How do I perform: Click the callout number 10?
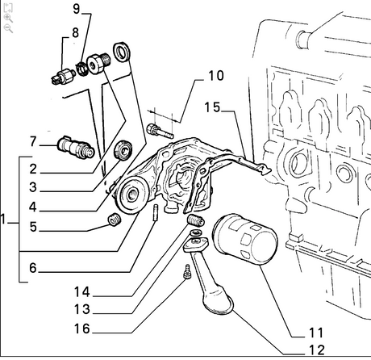click(x=216, y=76)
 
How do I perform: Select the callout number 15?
click(x=212, y=107)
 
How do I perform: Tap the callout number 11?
click(x=316, y=333)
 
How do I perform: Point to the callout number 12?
click(x=317, y=350)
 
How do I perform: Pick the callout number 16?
click(x=81, y=329)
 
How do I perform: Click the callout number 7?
click(x=33, y=141)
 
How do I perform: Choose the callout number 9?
click(x=77, y=9)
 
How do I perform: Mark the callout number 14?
click(x=81, y=292)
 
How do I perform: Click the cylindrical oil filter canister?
click(x=245, y=239)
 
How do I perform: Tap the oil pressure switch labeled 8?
click(x=64, y=77)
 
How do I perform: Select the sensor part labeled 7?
click(x=76, y=147)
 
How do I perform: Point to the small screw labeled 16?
click(x=187, y=272)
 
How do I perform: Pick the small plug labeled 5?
click(x=115, y=220)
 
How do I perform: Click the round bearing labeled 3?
click(x=123, y=150)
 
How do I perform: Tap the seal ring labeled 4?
click(x=122, y=52)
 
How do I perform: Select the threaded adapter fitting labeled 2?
click(x=98, y=63)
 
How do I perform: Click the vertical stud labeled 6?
click(x=156, y=212)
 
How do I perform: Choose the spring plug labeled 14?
click(x=196, y=220)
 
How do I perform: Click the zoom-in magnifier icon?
click(x=8, y=19)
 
